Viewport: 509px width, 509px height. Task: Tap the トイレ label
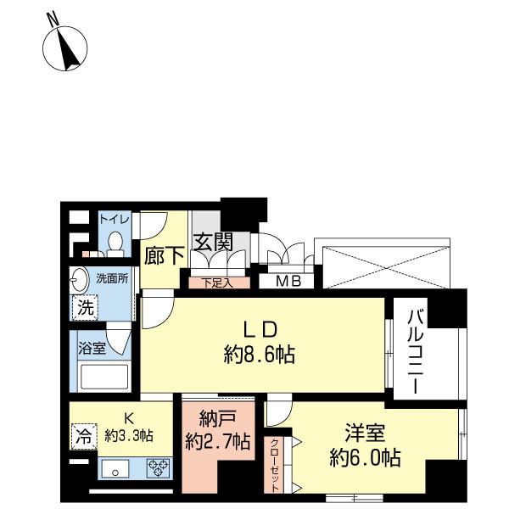click(115, 219)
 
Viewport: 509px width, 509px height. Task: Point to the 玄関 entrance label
click(213, 242)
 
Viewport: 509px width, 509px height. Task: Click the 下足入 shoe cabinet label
click(214, 282)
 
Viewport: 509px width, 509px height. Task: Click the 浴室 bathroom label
click(91, 347)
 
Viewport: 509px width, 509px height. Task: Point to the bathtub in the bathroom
click(102, 375)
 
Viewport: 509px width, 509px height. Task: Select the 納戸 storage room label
click(218, 419)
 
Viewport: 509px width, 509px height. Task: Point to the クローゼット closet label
click(277, 461)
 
